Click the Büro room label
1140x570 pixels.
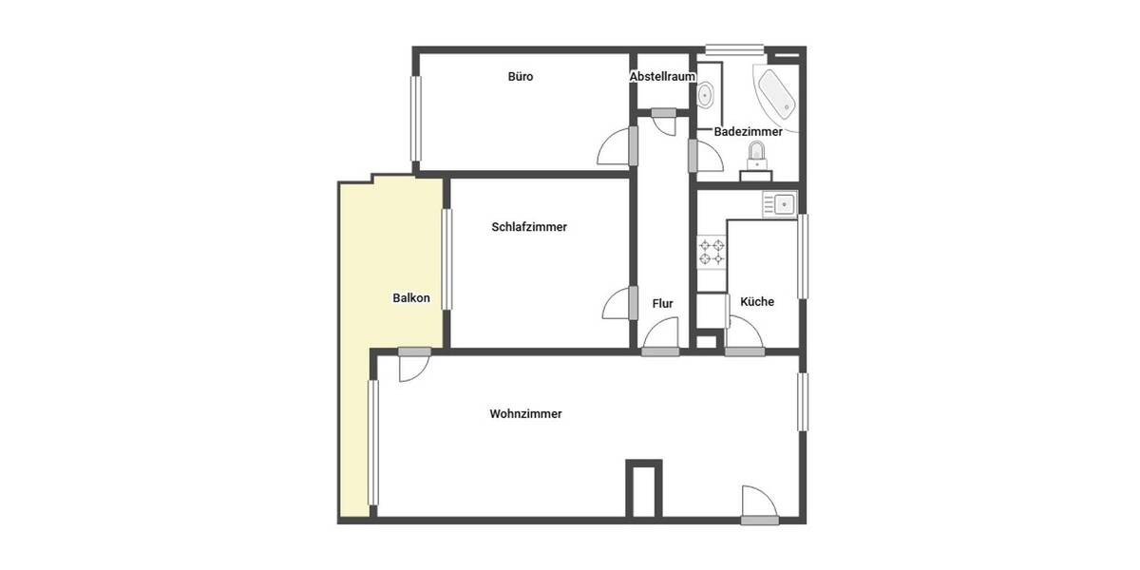[x=520, y=77]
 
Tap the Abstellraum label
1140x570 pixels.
[x=663, y=77]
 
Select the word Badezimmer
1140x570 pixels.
[x=748, y=132]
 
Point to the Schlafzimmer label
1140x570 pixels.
[x=529, y=227]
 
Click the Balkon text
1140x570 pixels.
[x=411, y=298]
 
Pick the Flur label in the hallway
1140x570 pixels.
[x=662, y=304]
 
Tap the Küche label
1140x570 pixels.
[x=757, y=302]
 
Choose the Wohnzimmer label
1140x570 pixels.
[x=525, y=414]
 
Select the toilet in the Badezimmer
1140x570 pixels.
[x=757, y=155]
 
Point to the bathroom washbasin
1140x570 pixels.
[x=706, y=95]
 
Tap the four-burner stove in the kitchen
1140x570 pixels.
[x=712, y=252]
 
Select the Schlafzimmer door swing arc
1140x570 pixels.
[x=616, y=305]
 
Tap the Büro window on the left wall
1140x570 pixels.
[x=415, y=118]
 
